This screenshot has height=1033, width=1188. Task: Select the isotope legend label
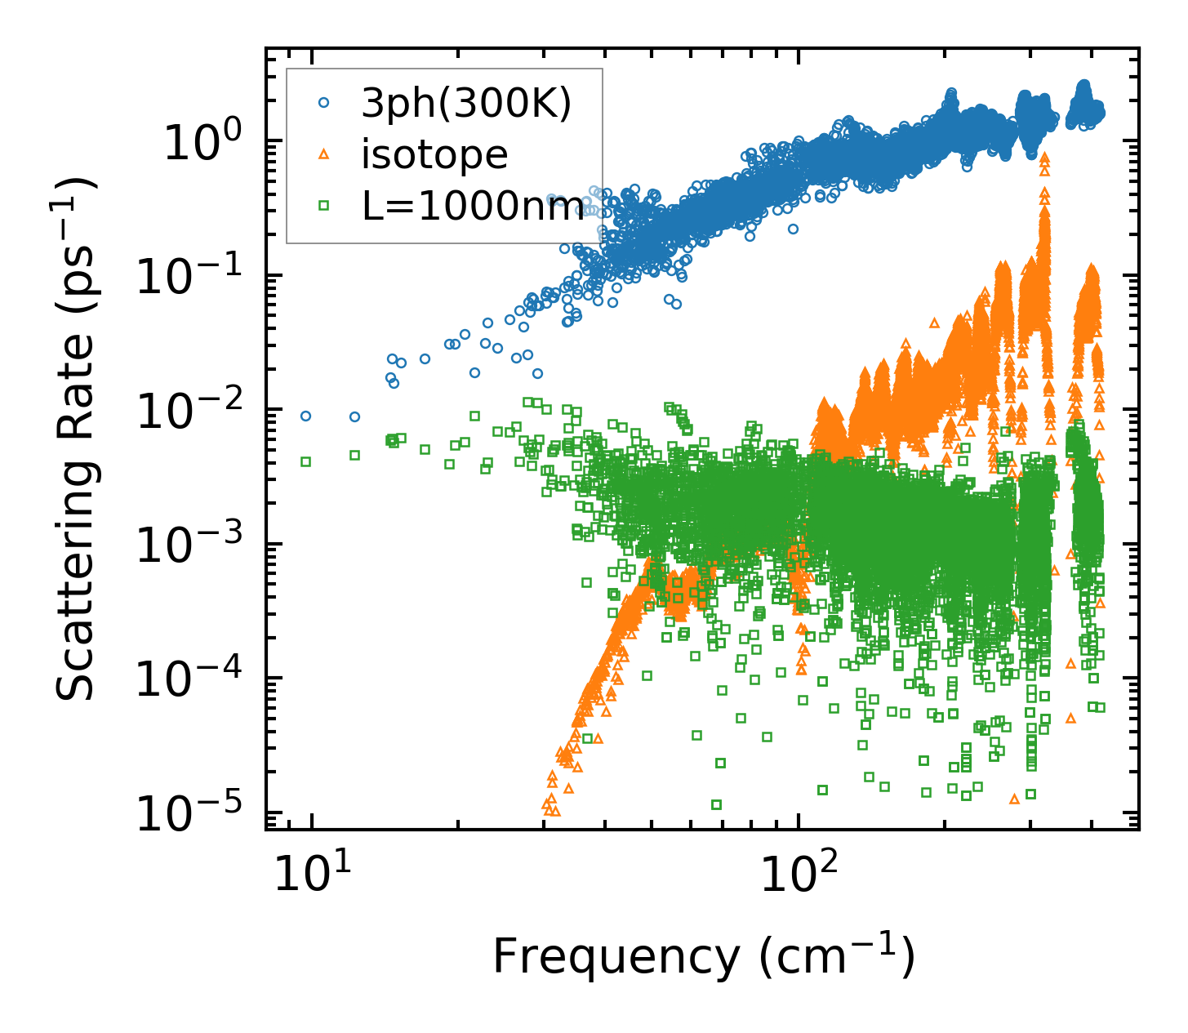434,155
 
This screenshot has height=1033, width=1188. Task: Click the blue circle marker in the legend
324,104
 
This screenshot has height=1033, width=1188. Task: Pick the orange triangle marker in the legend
324,154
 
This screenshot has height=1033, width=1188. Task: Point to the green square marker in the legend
324,206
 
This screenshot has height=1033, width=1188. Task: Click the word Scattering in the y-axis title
75,564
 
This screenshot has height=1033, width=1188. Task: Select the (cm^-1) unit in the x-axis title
836,955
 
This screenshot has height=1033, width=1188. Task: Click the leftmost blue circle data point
306,416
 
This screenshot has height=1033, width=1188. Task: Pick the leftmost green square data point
306,461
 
